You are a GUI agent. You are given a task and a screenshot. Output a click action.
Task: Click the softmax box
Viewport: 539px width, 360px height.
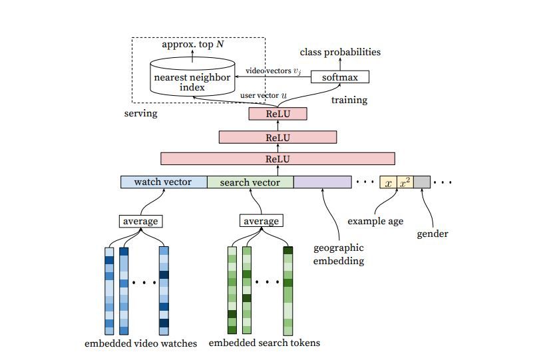(340, 77)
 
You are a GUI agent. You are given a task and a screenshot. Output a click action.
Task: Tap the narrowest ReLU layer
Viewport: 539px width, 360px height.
(277, 114)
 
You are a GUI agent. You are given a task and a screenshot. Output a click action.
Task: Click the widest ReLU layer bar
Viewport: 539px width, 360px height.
(277, 159)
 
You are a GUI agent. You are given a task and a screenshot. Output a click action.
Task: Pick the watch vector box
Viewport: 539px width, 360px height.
(164, 182)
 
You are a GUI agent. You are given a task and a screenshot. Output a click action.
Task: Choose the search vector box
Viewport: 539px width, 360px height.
(250, 182)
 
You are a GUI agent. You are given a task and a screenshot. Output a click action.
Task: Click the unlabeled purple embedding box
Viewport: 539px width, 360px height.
(322, 182)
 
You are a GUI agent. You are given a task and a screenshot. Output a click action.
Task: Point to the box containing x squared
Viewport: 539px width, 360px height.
(405, 182)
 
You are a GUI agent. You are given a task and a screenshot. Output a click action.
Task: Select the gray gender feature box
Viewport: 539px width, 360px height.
(422, 182)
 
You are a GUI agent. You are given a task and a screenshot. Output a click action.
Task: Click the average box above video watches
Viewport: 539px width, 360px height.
(141, 221)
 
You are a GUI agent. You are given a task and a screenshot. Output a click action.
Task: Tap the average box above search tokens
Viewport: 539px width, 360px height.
(261, 221)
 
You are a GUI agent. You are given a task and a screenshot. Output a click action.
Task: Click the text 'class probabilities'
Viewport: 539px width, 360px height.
(340, 51)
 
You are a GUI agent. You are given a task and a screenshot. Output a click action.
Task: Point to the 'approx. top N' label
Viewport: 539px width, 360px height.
(193, 45)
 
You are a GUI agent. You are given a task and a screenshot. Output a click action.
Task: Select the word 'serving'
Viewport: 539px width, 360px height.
(141, 113)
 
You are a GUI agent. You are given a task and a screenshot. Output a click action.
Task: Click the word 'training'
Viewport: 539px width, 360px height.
(349, 100)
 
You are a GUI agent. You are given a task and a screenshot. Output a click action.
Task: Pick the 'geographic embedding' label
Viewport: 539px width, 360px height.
(339, 255)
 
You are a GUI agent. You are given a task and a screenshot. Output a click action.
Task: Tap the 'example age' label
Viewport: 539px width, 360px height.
(375, 221)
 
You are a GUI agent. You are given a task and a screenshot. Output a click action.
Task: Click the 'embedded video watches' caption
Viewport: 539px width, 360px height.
(141, 343)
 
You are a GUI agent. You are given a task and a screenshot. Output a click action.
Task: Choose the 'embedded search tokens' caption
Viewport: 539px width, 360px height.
(264, 343)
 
